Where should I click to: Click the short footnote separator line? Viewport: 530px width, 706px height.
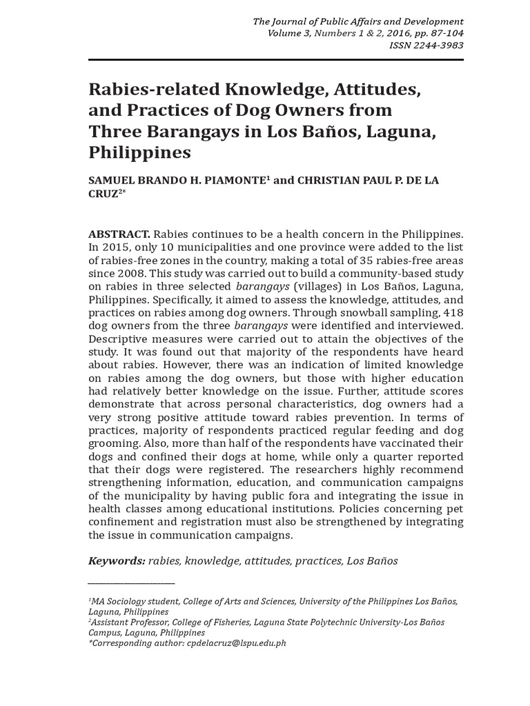click(x=131, y=583)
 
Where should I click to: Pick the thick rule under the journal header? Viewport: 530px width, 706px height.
click(x=276, y=60)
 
